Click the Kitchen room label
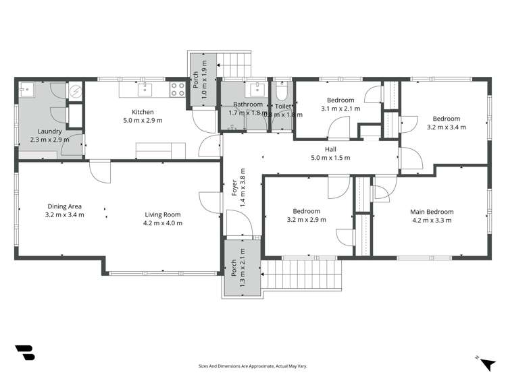pyautogui.click(x=143, y=112)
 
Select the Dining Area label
pyautogui.click(x=66, y=206)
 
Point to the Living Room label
pyautogui.click(x=163, y=215)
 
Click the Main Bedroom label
pyautogui.click(x=432, y=212)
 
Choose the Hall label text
pyautogui.click(x=330, y=149)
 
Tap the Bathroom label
pyautogui.click(x=248, y=105)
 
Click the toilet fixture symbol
pyautogui.click(x=282, y=92)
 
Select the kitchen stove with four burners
pyautogui.click(x=178, y=89)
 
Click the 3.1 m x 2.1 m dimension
pyautogui.click(x=340, y=109)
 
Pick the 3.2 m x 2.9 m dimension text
pyautogui.click(x=307, y=219)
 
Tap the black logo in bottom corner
pyautogui.click(x=24, y=354)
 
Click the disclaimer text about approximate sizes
pyautogui.click(x=253, y=366)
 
